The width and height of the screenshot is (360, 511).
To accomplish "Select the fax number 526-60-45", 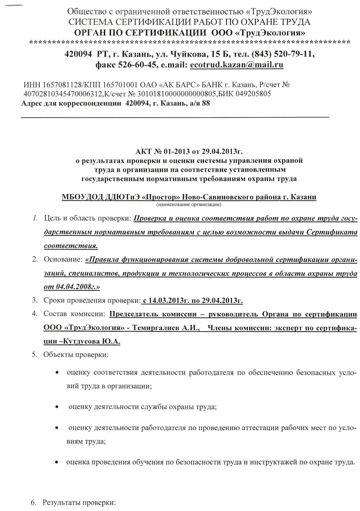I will pos(135,66).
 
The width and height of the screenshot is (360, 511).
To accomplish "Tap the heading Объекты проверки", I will pos(70,355).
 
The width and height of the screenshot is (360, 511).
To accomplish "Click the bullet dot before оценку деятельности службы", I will pos(57,408).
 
